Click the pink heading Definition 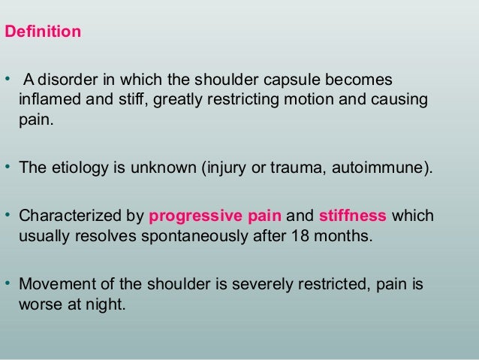tap(44, 33)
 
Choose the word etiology tap(70, 166)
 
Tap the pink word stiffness tap(353, 216)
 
